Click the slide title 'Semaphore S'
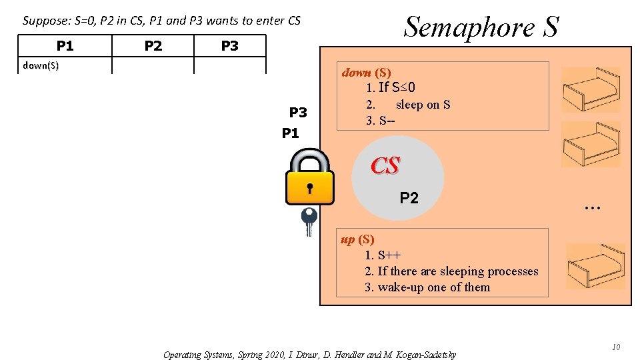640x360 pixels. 481,27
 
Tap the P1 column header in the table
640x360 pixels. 65,45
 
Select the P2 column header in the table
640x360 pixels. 153,45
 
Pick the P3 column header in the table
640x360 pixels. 229,45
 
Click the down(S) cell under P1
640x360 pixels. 41,65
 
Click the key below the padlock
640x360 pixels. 309,221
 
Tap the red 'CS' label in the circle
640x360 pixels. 385,166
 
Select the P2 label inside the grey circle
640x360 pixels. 409,197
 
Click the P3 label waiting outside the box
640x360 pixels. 297,112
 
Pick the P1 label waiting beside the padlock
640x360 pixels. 291,133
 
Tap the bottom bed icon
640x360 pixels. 595,266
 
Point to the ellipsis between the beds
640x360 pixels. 591,209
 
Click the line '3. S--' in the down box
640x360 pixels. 381,121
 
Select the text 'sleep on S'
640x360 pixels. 423,105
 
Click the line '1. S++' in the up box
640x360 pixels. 383,255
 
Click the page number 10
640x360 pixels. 616,347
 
